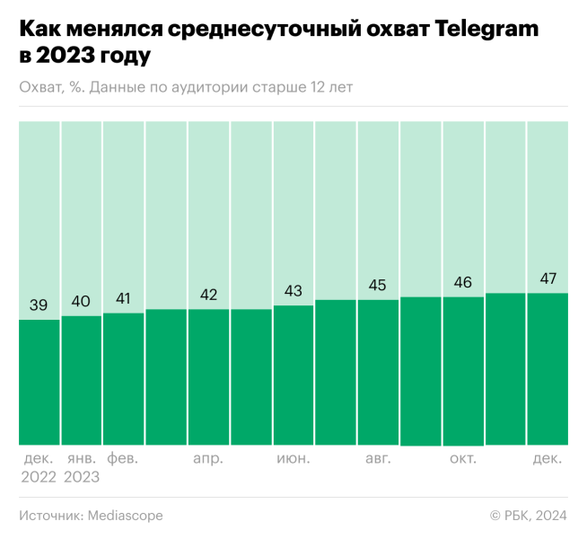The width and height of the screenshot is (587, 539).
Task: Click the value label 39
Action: pos(39,305)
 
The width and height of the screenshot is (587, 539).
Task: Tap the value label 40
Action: pos(81,301)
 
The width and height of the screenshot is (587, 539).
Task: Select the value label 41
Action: pos(123,298)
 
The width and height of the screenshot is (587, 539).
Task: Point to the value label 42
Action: pos(208,295)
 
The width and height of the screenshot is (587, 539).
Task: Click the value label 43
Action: pos(293,291)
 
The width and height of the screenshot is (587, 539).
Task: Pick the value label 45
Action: pos(378,286)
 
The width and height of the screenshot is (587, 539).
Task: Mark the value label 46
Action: pos(463,282)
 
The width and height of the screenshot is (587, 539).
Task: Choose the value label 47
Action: pos(548,278)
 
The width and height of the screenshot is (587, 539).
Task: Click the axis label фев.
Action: pos(123,458)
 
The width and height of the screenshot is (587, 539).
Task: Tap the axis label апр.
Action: pos(208,458)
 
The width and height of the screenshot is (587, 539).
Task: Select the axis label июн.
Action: pos(293,458)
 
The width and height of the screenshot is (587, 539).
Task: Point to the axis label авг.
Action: pos(378,458)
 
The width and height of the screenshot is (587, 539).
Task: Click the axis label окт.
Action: pos(463,458)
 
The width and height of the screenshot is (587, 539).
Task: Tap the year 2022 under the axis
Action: pos(39,477)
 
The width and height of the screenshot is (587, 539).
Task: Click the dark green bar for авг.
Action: pos(378,372)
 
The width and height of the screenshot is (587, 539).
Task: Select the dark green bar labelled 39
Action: pos(39,382)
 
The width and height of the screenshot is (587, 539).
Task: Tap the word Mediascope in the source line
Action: pos(125,516)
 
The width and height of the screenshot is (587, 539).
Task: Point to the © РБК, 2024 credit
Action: pos(528,516)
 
